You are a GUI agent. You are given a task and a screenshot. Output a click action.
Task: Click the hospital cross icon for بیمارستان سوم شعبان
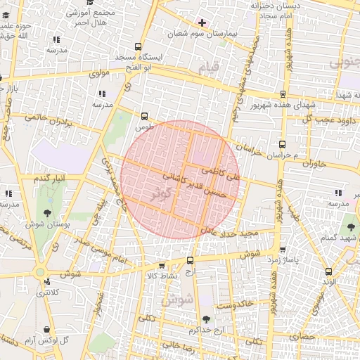(x=202, y=23)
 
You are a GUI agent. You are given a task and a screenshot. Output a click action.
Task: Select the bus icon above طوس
(x=145, y=117)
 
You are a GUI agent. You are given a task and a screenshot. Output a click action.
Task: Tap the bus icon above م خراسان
(x=283, y=143)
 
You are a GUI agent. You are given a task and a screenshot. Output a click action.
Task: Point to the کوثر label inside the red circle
(x=163, y=197)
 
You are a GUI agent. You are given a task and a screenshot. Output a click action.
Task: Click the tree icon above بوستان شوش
(x=48, y=212)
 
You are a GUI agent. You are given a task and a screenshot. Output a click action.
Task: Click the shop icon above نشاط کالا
(x=163, y=266)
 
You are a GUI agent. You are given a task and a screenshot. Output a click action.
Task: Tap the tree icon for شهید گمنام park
(x=350, y=227)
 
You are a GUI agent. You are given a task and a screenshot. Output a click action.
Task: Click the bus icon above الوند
(x=328, y=271)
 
